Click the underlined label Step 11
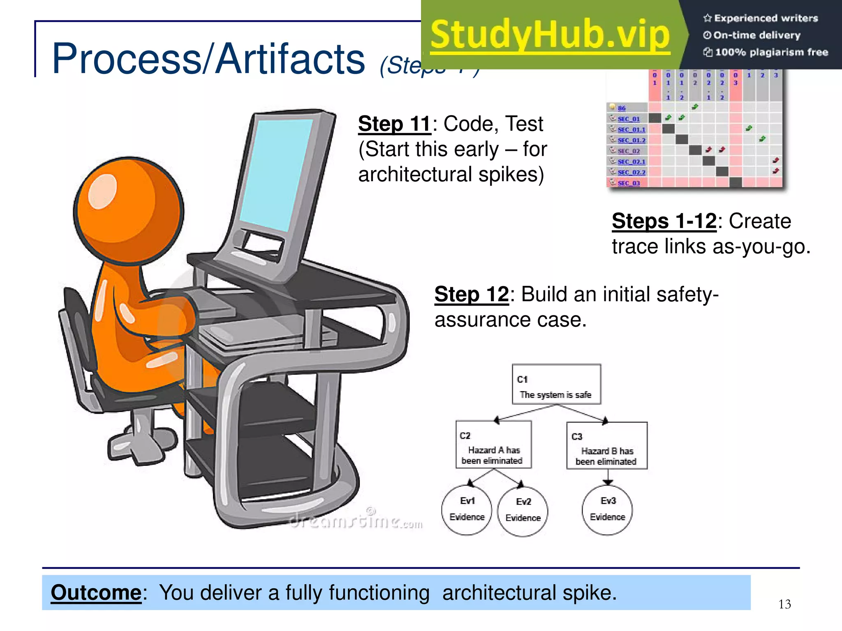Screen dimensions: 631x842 [x=394, y=124]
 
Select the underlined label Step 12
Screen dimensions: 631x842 [x=471, y=295]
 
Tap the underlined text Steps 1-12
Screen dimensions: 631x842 [x=664, y=221]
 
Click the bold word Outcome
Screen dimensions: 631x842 [x=96, y=592]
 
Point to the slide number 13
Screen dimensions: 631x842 [x=784, y=604]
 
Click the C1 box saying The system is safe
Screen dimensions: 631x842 [x=556, y=385]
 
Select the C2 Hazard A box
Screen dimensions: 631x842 [x=493, y=445]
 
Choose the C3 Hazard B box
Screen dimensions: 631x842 [x=606, y=446]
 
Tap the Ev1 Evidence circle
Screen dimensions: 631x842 [x=467, y=510]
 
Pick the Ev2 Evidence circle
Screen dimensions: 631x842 [x=523, y=511]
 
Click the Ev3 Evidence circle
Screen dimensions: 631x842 [x=607, y=510]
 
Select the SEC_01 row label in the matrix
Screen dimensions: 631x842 [x=628, y=119]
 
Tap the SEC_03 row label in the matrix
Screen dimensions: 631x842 [x=628, y=183]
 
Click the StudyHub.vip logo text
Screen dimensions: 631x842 [x=550, y=35]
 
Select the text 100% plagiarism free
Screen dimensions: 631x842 [x=771, y=52]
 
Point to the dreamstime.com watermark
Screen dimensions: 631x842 [x=356, y=521]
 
